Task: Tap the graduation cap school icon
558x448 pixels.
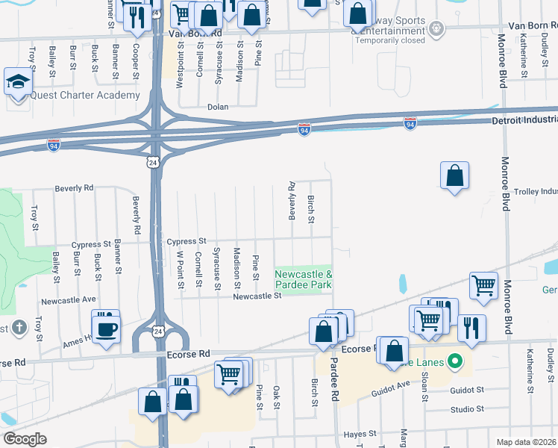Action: pyautogui.click(x=18, y=83)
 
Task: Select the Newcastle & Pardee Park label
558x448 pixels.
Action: pyautogui.click(x=303, y=280)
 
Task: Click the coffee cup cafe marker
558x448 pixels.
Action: pyautogui.click(x=106, y=329)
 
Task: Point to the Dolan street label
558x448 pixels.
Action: pyautogui.click(x=218, y=108)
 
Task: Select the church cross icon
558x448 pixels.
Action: pyautogui.click(x=19, y=326)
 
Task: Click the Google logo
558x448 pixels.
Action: pyautogui.click(x=25, y=439)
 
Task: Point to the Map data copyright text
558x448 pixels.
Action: pyautogui.click(x=527, y=442)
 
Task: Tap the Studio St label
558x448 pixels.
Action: pyautogui.click(x=468, y=409)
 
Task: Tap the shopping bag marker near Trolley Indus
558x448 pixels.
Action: pyautogui.click(x=454, y=177)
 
